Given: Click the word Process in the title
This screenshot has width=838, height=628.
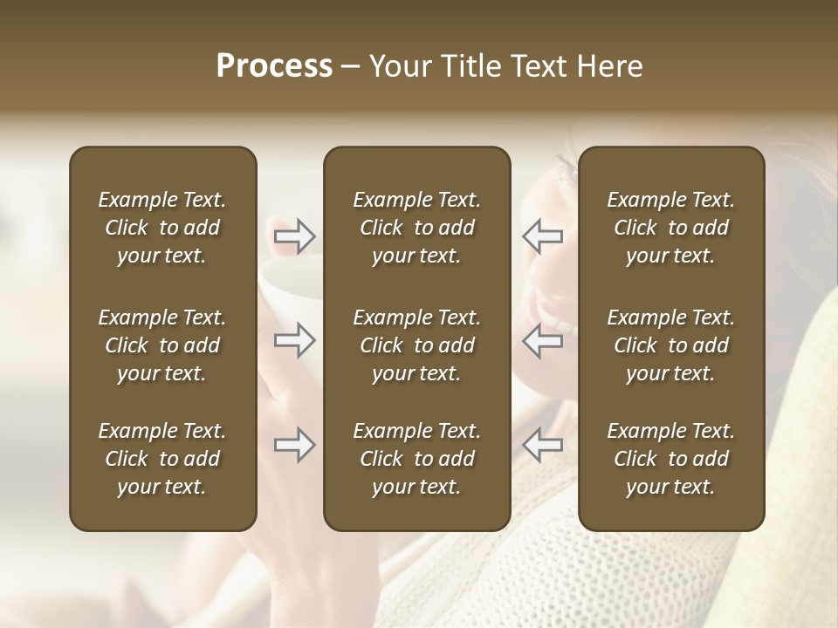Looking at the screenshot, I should pos(274,66).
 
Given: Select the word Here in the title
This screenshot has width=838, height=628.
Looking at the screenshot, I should pos(609,66).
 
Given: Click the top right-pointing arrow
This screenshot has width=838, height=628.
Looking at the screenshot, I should pos(294,235).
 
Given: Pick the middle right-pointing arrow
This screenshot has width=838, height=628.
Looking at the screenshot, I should pos(294,340).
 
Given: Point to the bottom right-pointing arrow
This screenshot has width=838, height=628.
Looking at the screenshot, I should pos(294,445).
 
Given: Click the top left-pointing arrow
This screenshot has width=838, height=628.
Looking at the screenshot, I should pos(542,235).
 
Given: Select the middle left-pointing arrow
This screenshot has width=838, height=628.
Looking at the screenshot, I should pos(542,340).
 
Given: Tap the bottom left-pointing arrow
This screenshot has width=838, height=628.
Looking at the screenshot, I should pos(542,445).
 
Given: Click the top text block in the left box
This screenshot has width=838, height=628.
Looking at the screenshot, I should pos(162,228).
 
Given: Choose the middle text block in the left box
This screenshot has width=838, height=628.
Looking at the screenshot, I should pos(162,345).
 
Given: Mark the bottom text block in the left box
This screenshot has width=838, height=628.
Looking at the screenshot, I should pos(162,459).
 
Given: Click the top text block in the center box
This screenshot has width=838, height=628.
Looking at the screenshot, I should pos(416,228).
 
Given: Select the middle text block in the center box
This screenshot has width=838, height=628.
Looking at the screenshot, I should pos(416,345).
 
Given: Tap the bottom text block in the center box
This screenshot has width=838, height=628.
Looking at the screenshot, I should pos(416,459).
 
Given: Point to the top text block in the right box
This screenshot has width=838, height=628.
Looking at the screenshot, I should pos(670,228).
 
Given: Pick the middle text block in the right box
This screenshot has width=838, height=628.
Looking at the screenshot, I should pos(670,345).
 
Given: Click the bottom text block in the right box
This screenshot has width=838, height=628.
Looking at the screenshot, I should pos(670,459).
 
